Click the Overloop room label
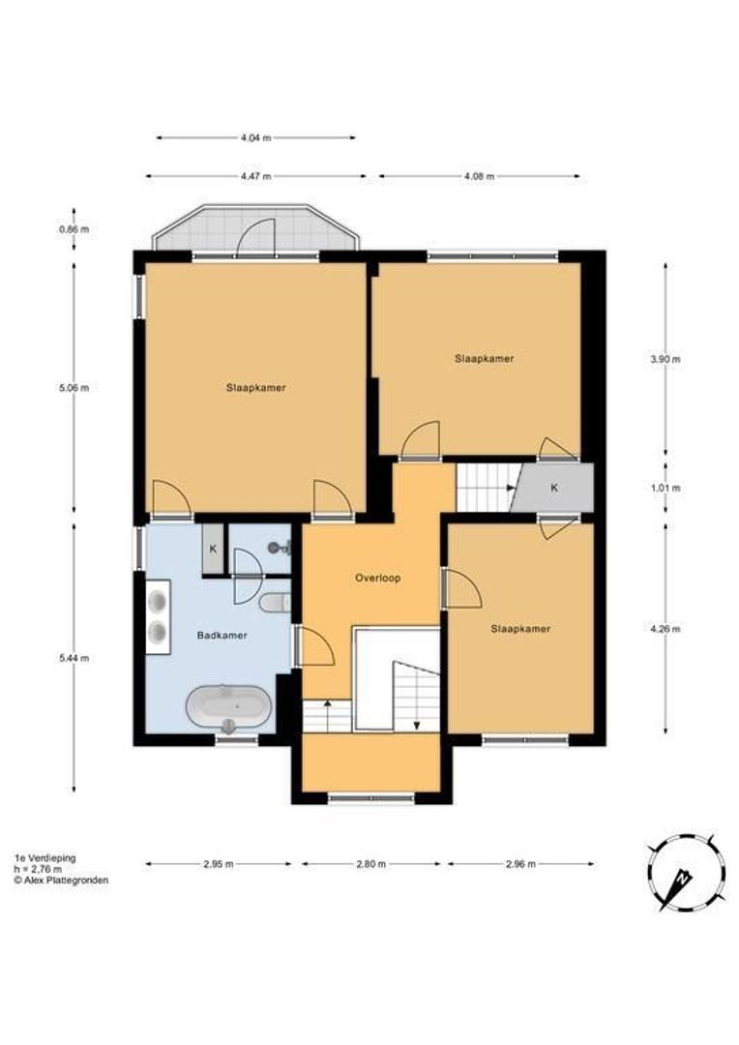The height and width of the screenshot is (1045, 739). click(376, 578)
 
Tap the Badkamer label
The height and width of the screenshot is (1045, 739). click(222, 636)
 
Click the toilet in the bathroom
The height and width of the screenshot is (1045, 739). click(276, 603)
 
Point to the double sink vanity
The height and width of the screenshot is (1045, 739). click(158, 616)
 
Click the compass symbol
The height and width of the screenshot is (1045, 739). click(686, 872)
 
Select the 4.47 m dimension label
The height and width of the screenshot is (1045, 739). click(255, 176)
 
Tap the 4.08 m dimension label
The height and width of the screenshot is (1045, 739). click(479, 176)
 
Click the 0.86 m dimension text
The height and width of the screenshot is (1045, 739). click(74, 229)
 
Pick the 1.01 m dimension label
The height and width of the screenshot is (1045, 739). click(665, 488)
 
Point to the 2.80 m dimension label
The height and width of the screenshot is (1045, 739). click(370, 864)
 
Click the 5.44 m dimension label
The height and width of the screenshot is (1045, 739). click(74, 658)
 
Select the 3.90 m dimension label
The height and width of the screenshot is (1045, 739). click(665, 359)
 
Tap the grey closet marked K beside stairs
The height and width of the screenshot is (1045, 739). click(555, 488)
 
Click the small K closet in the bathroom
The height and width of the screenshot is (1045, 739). click(213, 550)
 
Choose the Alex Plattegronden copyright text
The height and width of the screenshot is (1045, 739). click(61, 881)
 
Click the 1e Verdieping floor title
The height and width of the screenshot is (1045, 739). click(44, 857)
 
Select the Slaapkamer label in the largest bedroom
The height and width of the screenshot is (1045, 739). click(255, 387)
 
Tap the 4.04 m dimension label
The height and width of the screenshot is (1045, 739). click(255, 137)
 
